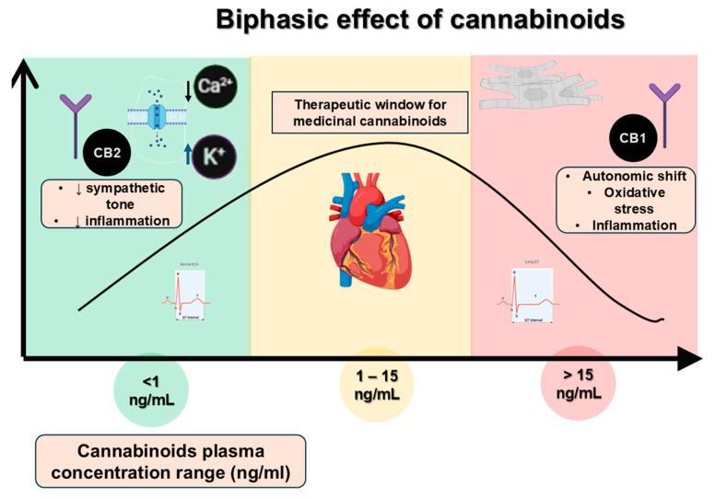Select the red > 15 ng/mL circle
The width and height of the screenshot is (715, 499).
pos(579,385)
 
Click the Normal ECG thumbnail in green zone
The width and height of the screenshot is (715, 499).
pos(195,296)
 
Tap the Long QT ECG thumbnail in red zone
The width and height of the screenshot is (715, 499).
pos(532,296)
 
